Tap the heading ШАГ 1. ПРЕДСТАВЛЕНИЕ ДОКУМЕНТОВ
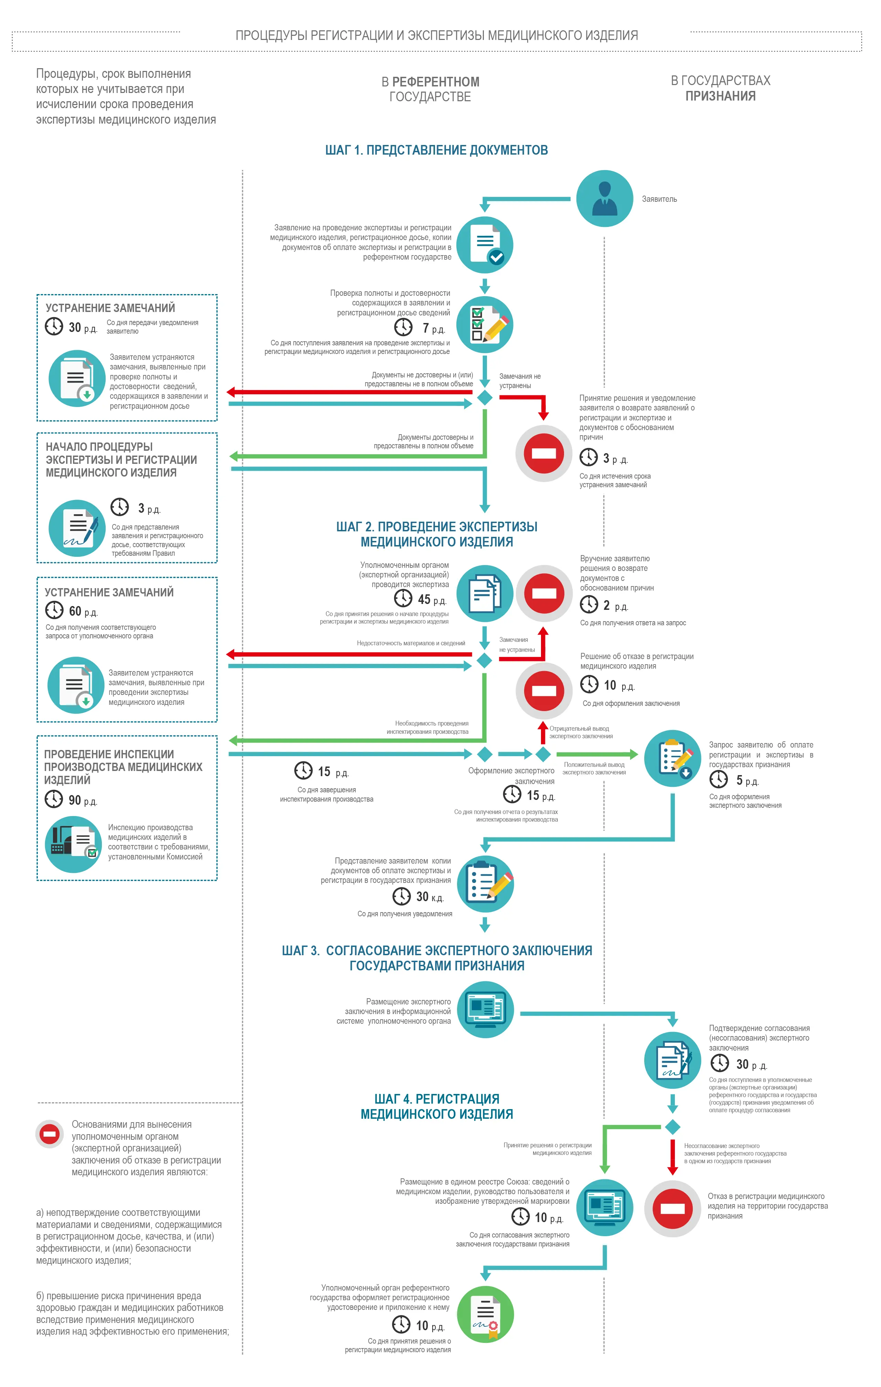click(436, 150)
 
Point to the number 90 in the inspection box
click(75, 800)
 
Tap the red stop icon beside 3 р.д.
click(544, 453)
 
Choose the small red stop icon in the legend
click(50, 1134)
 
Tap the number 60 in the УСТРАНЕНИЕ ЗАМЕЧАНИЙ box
click(75, 611)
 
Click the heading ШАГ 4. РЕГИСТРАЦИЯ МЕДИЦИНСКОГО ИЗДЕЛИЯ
click(436, 1106)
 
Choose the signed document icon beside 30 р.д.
click(672, 1060)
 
